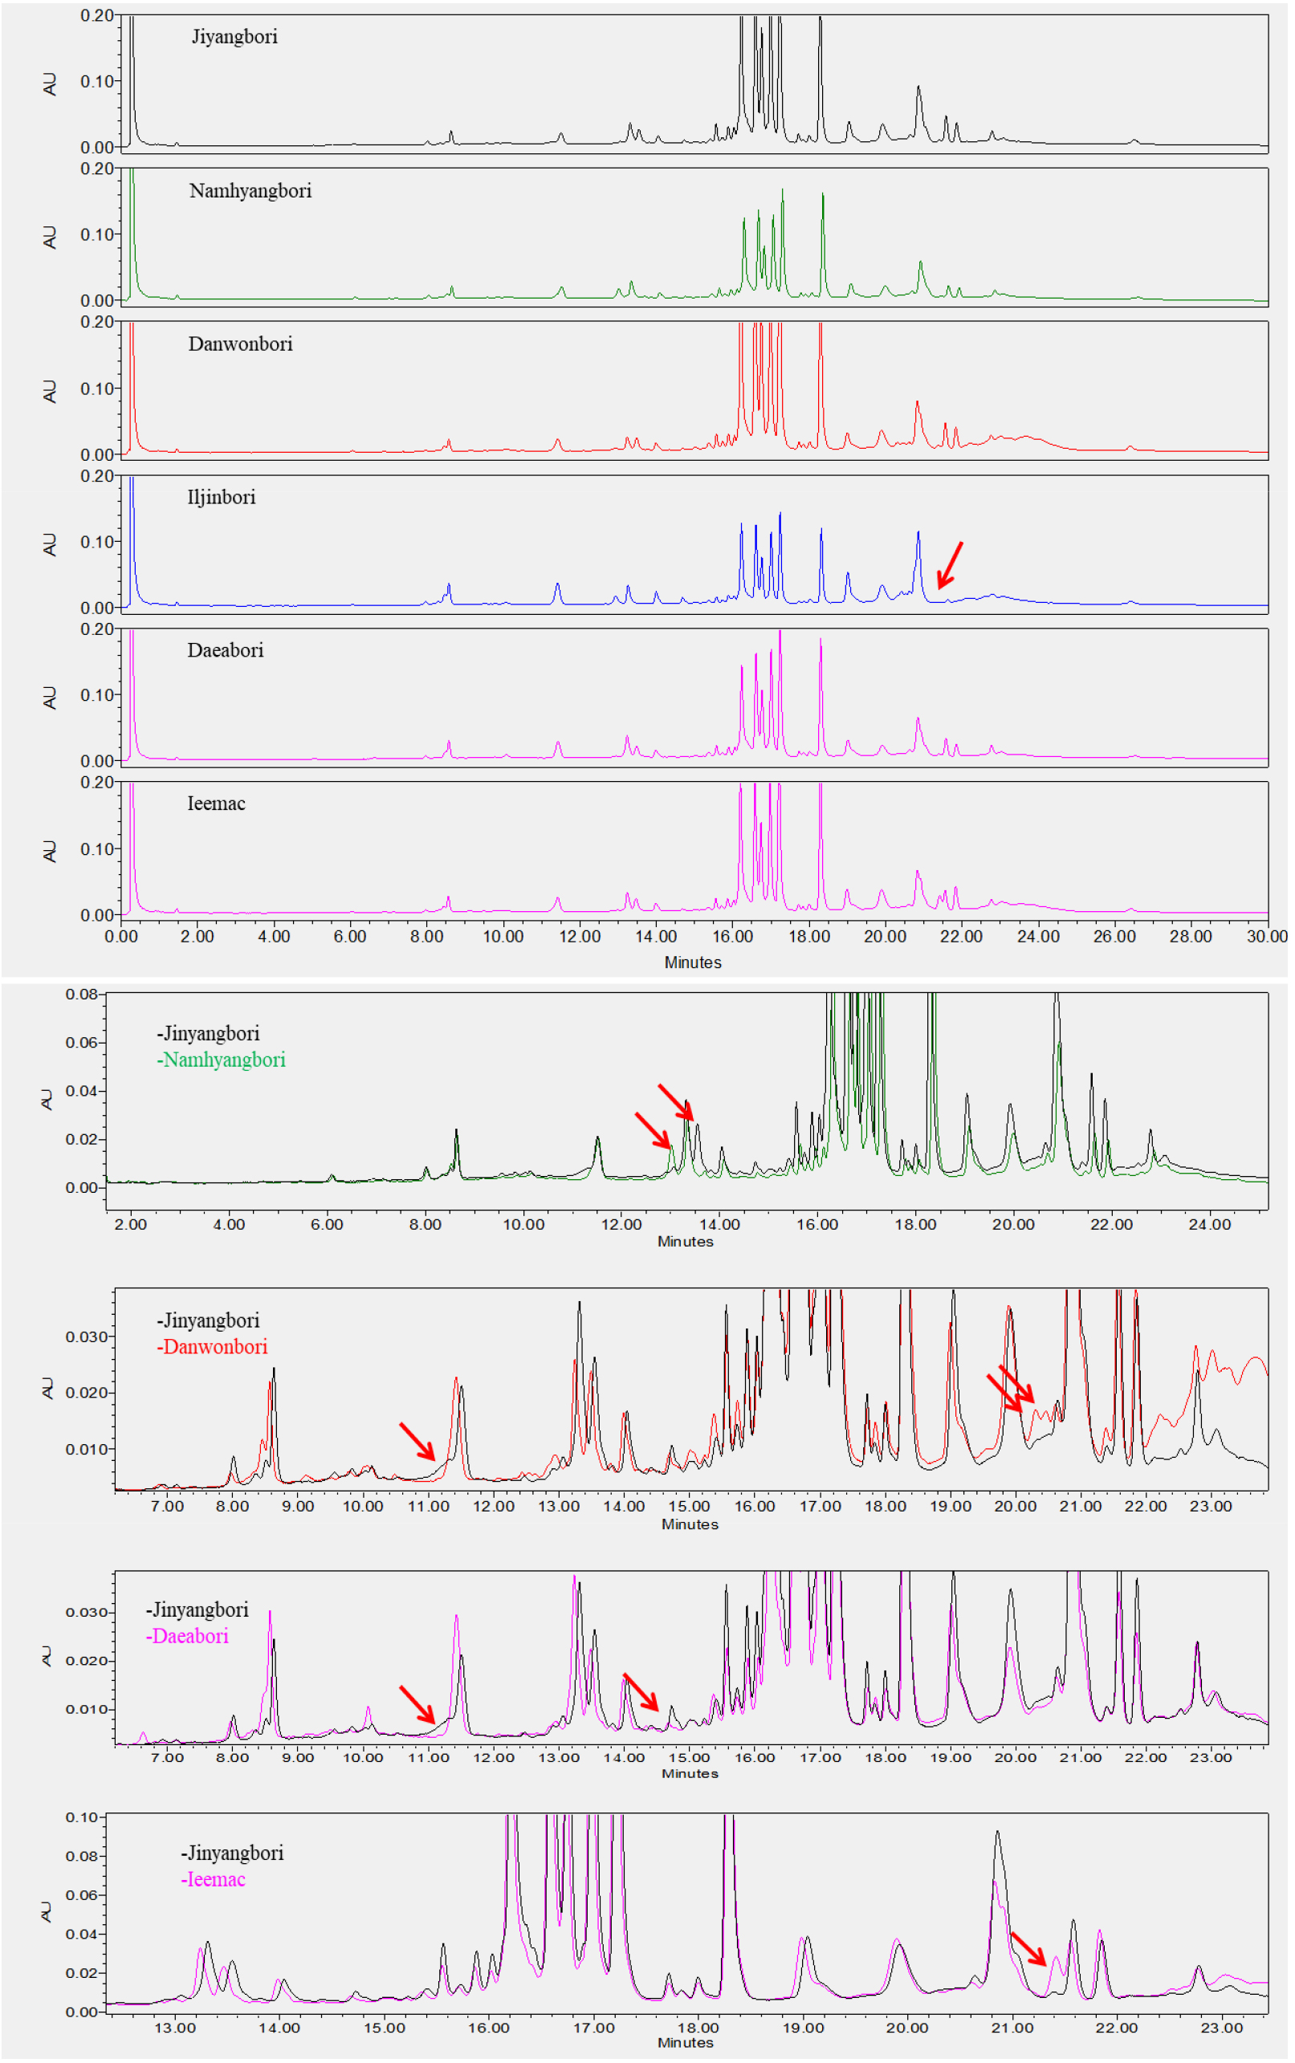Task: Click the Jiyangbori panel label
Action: pos(234,37)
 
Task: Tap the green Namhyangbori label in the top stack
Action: pos(250,191)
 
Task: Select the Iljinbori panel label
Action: pos(221,498)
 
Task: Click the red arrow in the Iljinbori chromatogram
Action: pos(949,565)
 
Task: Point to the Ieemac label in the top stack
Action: pos(216,804)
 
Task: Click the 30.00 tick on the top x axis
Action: pos(1266,937)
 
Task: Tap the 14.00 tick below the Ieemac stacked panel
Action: pos(656,937)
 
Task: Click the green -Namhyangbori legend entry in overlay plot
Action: pos(221,1060)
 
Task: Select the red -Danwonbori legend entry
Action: pos(213,1347)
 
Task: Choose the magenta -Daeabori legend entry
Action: pos(188,1637)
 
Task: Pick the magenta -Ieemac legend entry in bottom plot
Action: pos(214,1880)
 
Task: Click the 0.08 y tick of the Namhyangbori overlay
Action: pos(81,995)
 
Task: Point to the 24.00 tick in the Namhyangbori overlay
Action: pos(1209,1225)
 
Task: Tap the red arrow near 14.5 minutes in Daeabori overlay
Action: pos(641,1691)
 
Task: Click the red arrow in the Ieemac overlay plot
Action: pos(1028,1948)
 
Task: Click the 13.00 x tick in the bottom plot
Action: pos(175,2028)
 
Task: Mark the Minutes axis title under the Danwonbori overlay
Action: pos(690,1524)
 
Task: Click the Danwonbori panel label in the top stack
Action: pos(240,344)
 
